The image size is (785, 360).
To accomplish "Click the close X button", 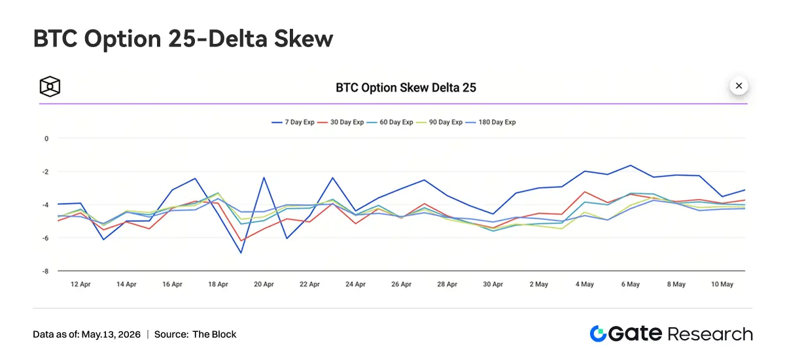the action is (739, 86).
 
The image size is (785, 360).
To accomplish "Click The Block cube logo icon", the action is (50, 86).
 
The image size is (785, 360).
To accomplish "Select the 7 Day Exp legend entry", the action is (293, 122).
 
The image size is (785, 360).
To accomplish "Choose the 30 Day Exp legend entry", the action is (341, 122).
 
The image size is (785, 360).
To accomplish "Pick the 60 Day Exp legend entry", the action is (390, 122).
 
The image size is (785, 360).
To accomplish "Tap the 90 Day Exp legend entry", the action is (440, 122).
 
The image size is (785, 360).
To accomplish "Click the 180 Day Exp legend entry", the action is (491, 122).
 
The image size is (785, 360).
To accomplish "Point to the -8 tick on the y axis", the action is (46, 272).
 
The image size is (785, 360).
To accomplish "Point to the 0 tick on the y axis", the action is (46, 139).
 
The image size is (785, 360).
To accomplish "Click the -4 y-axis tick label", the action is (46, 205).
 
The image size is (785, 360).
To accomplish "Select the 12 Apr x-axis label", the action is (80, 284).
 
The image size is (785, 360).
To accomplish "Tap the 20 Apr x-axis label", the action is (264, 284).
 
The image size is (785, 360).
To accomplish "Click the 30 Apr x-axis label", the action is (493, 284).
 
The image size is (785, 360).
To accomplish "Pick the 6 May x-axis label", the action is (631, 284).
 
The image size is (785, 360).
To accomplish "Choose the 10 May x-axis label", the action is (722, 284).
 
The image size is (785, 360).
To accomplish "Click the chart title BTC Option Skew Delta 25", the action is (406, 88).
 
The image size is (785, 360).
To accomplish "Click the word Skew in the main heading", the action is (304, 39).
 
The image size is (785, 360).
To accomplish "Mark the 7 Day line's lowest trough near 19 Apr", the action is (241, 253).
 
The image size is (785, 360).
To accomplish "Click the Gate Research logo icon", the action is (598, 333).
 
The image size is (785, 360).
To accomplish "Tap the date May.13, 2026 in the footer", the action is (111, 334).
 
